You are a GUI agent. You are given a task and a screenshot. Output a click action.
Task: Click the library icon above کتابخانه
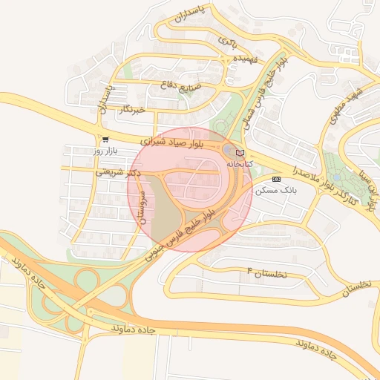pos(239,152)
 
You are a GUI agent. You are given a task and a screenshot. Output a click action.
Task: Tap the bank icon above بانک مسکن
pos(276,179)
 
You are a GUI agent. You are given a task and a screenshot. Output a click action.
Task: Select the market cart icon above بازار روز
pos(105,139)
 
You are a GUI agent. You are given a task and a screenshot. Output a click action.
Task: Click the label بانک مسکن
pos(275,190)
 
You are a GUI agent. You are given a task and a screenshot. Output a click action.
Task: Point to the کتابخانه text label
pos(240,163)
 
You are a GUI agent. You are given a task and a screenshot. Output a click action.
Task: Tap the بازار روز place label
pos(105,151)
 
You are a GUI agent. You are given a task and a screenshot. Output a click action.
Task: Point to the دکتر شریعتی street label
pos(119,171)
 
